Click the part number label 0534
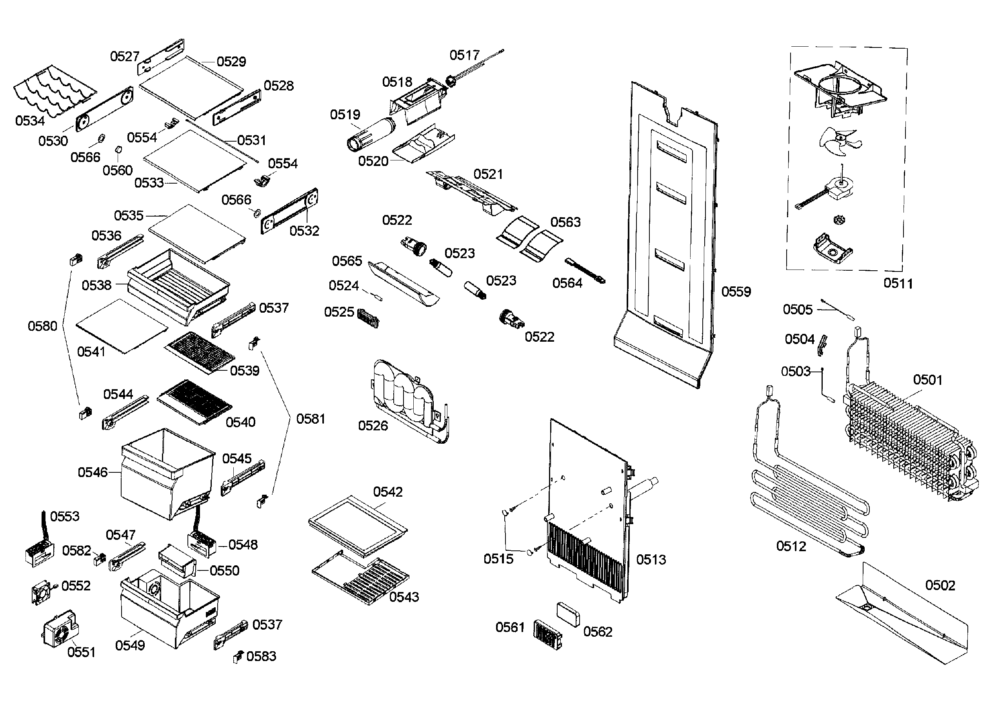(30, 120)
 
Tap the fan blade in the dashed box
(838, 142)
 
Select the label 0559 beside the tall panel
(736, 291)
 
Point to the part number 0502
(940, 585)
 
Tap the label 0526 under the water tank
(373, 426)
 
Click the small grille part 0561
(547, 635)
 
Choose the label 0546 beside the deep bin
(92, 472)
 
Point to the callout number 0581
(310, 419)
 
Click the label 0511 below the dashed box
(898, 284)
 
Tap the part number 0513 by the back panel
(651, 559)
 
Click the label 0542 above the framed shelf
(387, 492)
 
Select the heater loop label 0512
(791, 546)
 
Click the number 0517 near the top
(464, 55)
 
